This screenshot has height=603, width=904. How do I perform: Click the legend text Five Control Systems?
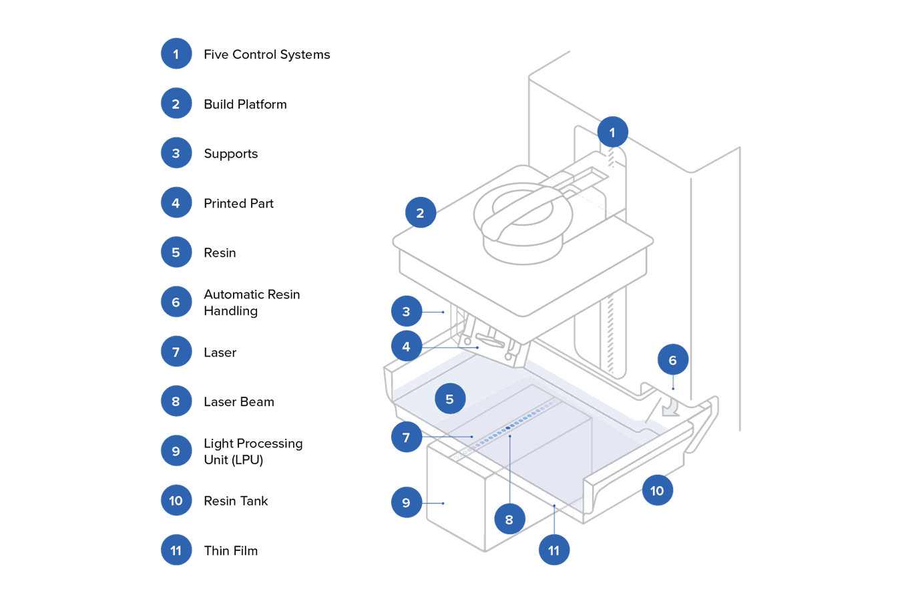(266, 55)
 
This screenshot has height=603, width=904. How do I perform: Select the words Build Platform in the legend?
(245, 104)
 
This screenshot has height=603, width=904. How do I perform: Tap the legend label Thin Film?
(230, 551)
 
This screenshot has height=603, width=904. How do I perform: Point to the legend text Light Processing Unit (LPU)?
(252, 451)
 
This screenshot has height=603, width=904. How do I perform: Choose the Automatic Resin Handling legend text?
(252, 303)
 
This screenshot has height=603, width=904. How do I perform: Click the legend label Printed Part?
(238, 204)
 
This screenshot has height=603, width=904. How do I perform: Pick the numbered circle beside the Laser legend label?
(176, 352)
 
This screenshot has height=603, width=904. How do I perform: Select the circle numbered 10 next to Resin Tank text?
(176, 501)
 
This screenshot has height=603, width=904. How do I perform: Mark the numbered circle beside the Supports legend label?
(176, 154)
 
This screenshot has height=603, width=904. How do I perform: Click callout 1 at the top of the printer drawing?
(612, 132)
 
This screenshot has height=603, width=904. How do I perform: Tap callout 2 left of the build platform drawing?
(420, 213)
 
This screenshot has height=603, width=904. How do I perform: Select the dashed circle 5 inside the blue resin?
(449, 399)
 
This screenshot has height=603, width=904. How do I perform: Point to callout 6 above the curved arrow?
(672, 361)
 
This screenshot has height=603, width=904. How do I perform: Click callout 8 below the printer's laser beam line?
(509, 520)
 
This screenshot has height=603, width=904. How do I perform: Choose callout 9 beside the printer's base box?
(406, 503)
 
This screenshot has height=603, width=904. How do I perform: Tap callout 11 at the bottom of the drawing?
(553, 550)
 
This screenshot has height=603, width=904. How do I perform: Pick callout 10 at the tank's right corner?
(657, 491)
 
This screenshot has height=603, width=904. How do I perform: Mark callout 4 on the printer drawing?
(406, 347)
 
